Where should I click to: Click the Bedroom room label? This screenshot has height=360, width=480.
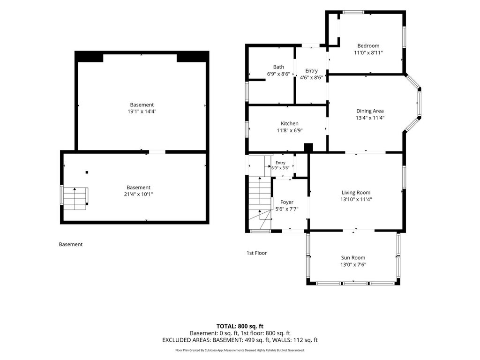point(368,46)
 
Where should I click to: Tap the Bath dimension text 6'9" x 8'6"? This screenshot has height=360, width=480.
point(278,74)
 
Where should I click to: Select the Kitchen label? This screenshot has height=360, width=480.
point(290,124)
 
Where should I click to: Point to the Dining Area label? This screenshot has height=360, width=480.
point(370,111)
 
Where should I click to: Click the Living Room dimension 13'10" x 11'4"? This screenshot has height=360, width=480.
point(356,199)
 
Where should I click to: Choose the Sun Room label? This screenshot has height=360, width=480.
point(353,258)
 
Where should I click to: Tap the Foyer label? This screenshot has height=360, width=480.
point(287,202)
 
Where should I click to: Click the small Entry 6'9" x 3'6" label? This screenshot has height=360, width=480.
point(280,165)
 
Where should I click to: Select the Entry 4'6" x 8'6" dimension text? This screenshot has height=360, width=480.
point(311,77)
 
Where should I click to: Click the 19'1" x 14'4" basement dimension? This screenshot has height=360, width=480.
point(142,112)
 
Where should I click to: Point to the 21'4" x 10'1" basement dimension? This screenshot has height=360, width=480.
point(138,194)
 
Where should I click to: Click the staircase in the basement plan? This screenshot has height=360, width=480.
point(75,198)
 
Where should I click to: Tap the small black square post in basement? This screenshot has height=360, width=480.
point(87,172)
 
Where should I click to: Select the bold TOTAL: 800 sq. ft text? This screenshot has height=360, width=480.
point(240,326)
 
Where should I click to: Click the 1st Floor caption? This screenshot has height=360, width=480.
point(256,253)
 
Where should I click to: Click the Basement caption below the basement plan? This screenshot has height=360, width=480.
point(71,244)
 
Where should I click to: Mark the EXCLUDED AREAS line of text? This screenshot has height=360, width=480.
point(240,340)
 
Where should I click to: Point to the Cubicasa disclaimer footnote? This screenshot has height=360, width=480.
point(240,350)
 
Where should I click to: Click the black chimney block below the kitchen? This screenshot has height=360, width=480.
point(308,148)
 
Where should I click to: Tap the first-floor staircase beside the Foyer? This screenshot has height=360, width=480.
point(260,203)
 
